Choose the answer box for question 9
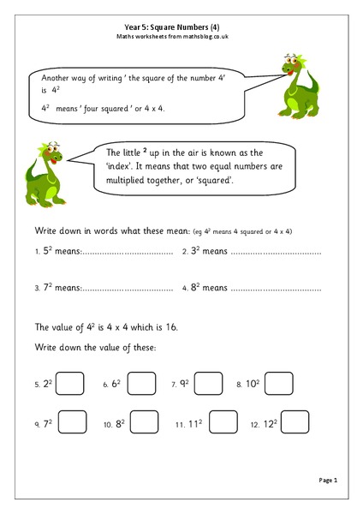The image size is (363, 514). pos(71,421)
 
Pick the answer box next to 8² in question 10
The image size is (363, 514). pos(144,421)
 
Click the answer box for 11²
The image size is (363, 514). pos(223,421)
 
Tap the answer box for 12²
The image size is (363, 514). pos(295,421)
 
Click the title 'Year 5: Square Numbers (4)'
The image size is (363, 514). pos(181,27)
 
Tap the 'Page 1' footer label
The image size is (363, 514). pos(329,480)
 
